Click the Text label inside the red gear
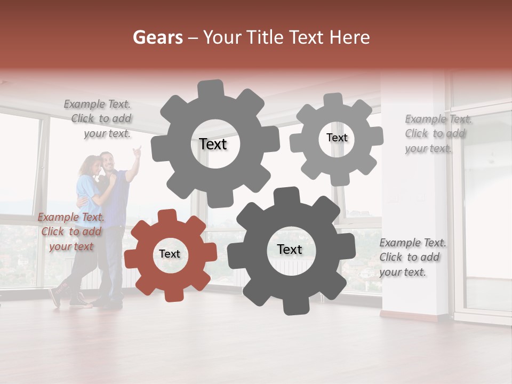tap(170, 254)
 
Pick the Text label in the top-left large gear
tap(213, 144)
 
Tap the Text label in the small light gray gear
tap(337, 138)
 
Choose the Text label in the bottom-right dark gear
tap(290, 250)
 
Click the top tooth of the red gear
tap(167, 216)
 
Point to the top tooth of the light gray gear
tap(334, 100)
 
